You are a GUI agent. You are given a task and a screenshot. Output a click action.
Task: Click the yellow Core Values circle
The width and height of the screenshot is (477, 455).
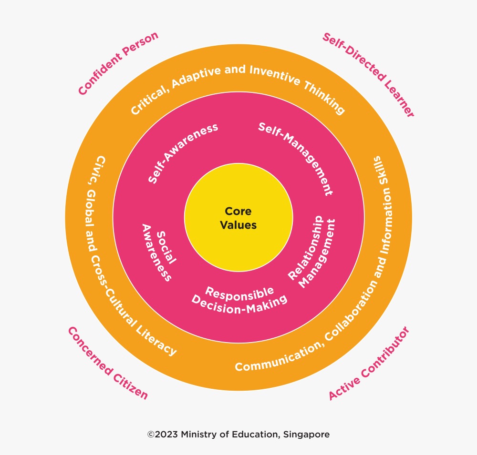coord(238,218)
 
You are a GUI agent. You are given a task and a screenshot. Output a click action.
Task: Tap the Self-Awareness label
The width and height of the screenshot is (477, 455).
coord(183,153)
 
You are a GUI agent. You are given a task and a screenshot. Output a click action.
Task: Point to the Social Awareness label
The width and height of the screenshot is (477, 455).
coord(159,252)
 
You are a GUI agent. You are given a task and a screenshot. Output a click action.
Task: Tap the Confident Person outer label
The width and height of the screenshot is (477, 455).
coord(118,63)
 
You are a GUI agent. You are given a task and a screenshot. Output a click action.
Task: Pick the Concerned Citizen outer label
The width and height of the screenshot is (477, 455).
coord(108,363)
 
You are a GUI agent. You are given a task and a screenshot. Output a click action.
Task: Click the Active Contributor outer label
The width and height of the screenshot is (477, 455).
coord(369,363)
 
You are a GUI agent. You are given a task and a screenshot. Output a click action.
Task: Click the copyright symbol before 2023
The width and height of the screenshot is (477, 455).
coord(151,435)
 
